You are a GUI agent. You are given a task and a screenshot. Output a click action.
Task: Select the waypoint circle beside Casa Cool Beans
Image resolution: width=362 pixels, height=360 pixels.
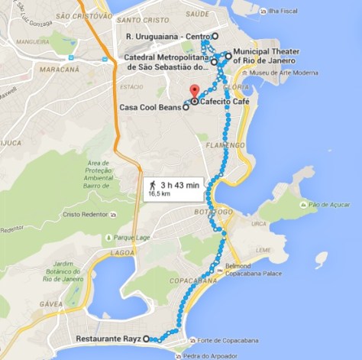[186, 108]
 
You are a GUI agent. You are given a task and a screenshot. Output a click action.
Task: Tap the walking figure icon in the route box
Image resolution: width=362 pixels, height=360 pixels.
[153, 185]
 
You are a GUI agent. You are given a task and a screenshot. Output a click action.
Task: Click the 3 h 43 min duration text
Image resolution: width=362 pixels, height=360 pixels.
[179, 185]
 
